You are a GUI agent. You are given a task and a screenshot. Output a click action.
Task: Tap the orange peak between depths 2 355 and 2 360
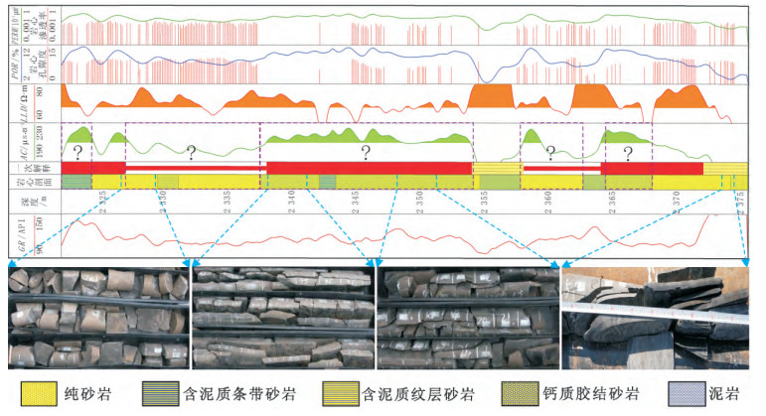[x=492, y=95]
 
